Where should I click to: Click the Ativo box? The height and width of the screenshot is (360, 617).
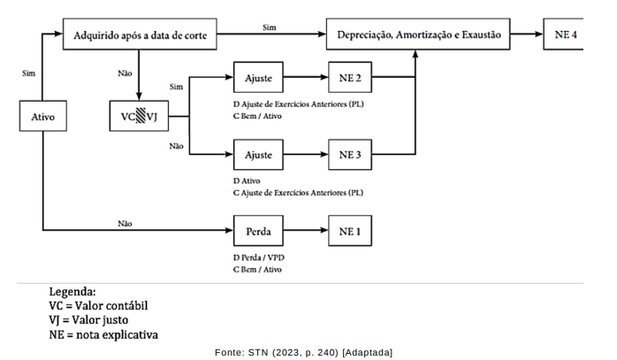pos(42,116)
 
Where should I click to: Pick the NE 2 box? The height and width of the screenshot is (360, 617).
pos(350,79)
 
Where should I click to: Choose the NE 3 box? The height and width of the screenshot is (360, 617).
pos(350,155)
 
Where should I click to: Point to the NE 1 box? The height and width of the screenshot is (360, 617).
pos(350,233)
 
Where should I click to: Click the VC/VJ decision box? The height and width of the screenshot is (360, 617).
pos(139,116)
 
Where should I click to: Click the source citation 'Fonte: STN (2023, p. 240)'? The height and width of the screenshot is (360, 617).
pos(278,352)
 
